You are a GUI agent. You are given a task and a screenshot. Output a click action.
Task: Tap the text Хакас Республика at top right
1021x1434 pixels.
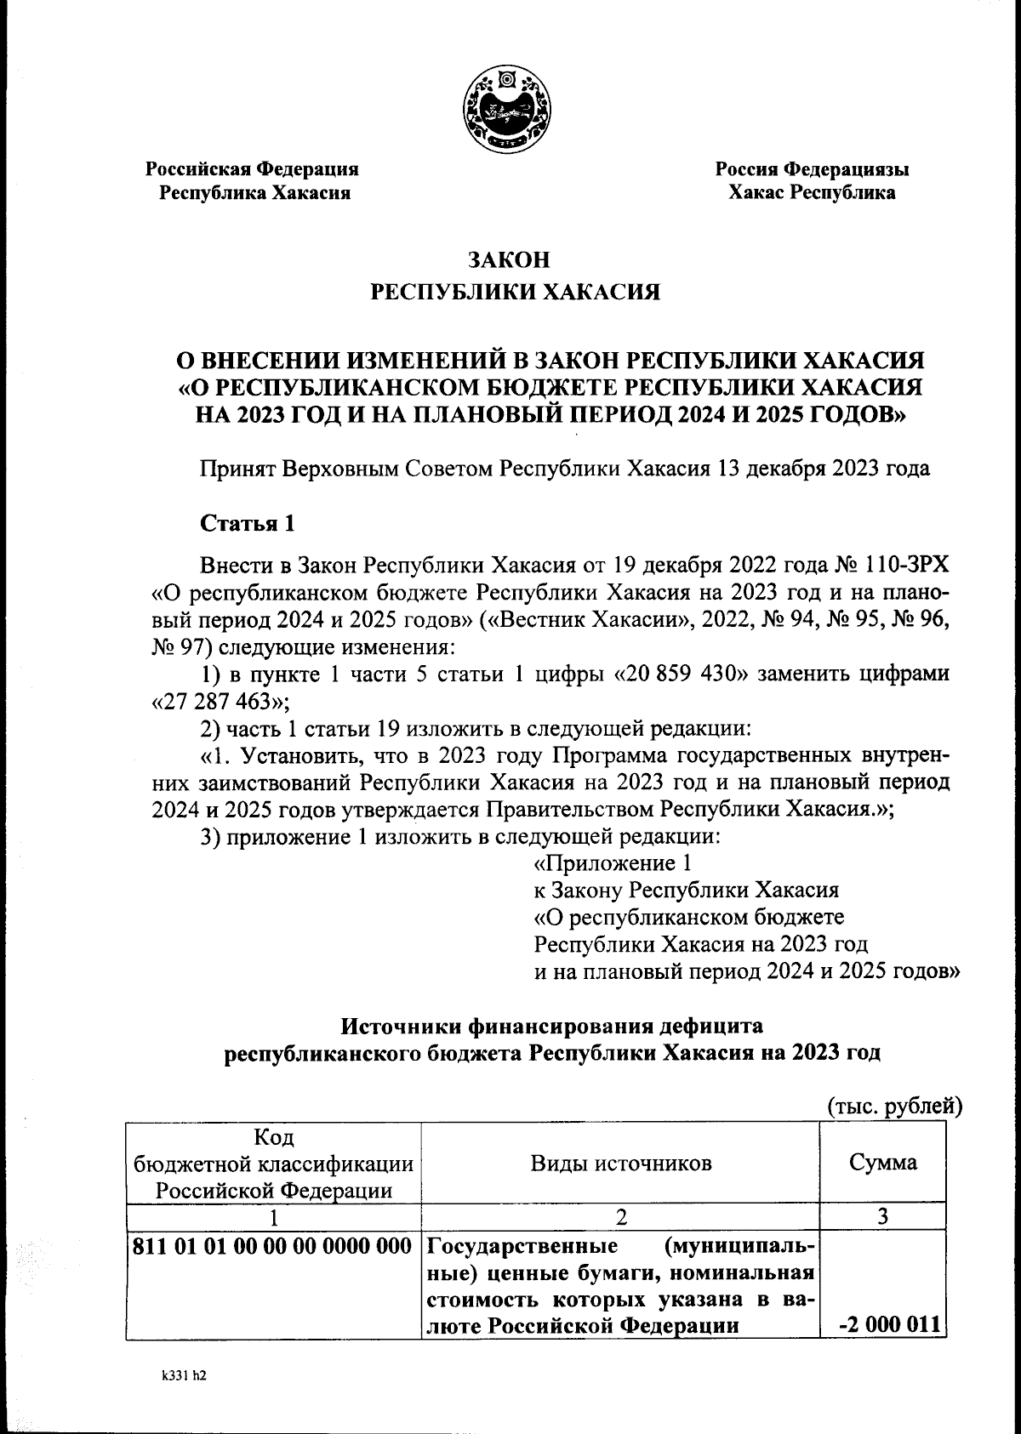[811, 193]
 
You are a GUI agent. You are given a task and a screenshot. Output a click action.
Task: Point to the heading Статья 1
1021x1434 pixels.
[247, 523]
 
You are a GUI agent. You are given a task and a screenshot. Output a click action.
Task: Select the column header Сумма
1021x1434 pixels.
[883, 1163]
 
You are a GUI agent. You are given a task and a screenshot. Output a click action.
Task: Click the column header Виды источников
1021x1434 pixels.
[621, 1163]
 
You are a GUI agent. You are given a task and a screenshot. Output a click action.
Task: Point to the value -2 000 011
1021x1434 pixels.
[887, 1324]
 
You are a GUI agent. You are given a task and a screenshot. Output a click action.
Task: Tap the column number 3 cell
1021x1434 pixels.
[883, 1216]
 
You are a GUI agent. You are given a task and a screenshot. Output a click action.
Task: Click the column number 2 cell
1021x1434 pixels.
[621, 1216]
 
